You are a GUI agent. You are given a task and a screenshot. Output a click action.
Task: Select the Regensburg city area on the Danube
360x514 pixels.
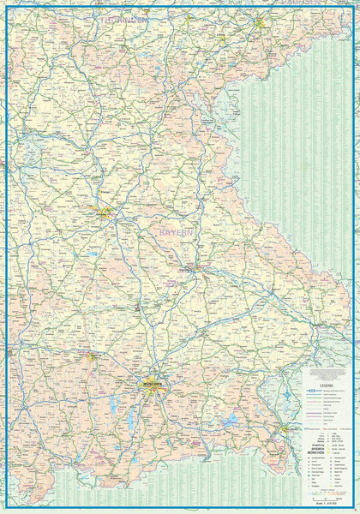[x=196, y=269]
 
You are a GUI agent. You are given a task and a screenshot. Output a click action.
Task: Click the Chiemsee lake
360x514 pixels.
[x=230, y=421]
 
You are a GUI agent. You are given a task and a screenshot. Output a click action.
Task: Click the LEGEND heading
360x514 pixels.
[x=326, y=386]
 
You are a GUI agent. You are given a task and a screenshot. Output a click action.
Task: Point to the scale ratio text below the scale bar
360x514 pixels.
[x=327, y=503]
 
